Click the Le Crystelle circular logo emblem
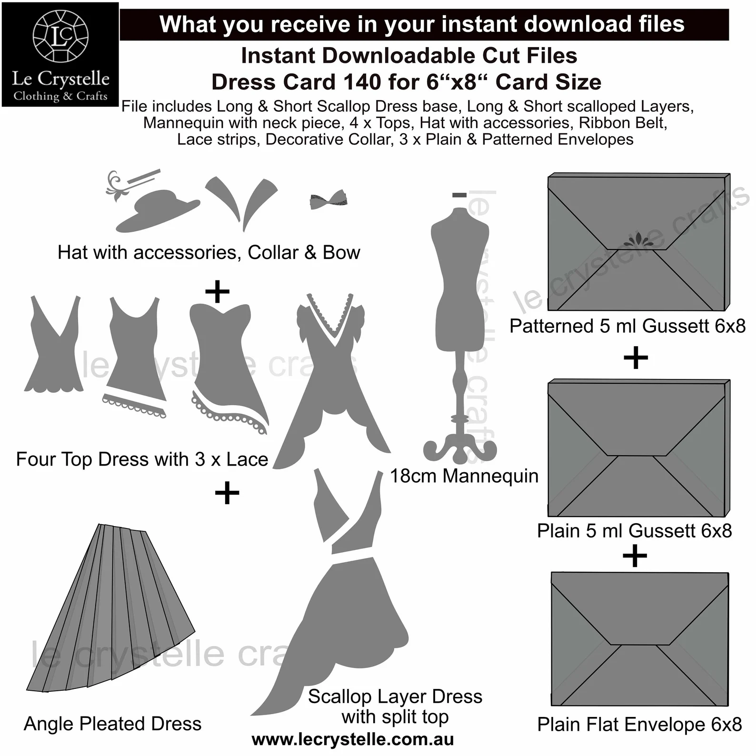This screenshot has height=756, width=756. click(60, 36)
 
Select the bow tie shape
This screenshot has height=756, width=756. click(328, 199)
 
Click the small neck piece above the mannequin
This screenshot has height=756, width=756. click(459, 195)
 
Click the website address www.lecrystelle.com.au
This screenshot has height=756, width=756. click(353, 739)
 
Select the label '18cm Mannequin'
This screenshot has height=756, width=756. click(464, 476)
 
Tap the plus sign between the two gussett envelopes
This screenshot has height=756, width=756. click(636, 358)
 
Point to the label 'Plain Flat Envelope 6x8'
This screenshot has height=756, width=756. click(639, 725)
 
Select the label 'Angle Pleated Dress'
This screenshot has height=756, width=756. click(113, 724)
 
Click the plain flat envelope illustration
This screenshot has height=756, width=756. click(640, 639)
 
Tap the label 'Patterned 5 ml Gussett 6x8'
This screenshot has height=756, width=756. click(627, 326)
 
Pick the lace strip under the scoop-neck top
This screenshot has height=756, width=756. click(134, 405)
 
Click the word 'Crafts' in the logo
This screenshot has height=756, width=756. click(92, 96)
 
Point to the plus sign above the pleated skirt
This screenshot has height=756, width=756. click(227, 493)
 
